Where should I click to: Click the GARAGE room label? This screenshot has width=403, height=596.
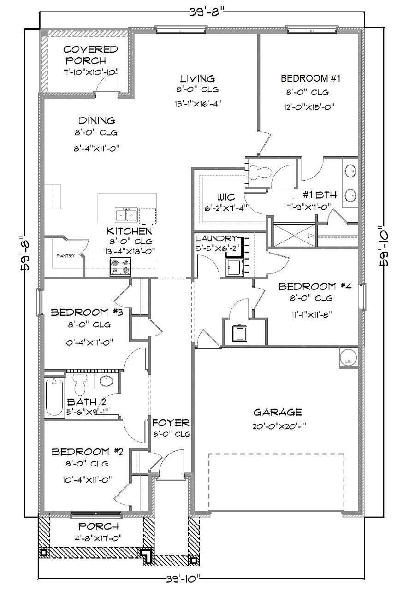tap(277, 412)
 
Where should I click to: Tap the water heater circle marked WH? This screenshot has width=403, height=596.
tap(348, 357)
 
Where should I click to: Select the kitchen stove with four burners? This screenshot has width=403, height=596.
tap(120, 267)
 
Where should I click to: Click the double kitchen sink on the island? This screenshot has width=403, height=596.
tap(126, 215)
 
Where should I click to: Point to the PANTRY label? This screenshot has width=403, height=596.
tap(65, 256)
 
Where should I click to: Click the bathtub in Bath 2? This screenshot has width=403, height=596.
tap(54, 396)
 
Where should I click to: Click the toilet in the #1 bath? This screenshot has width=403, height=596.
tap(261, 172)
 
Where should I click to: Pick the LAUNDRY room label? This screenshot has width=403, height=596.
tap(216, 238)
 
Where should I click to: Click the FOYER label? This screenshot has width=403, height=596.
tap(171, 423)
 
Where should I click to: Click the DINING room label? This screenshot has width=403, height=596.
tap(96, 121)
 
